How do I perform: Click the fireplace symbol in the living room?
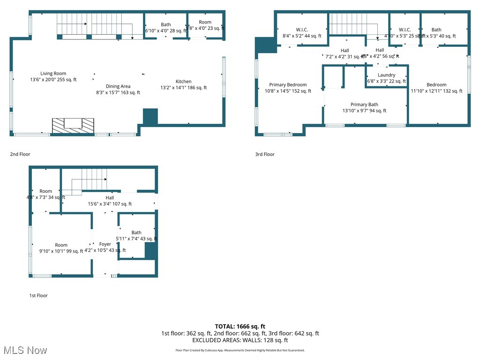(x=73, y=125)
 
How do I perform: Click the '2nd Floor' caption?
(x=20, y=154)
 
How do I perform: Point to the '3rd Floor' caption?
(x=264, y=154)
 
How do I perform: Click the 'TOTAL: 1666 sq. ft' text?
(x=240, y=326)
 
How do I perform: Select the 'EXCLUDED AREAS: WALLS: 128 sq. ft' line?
(x=240, y=340)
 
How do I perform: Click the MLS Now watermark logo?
(x=24, y=350)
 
